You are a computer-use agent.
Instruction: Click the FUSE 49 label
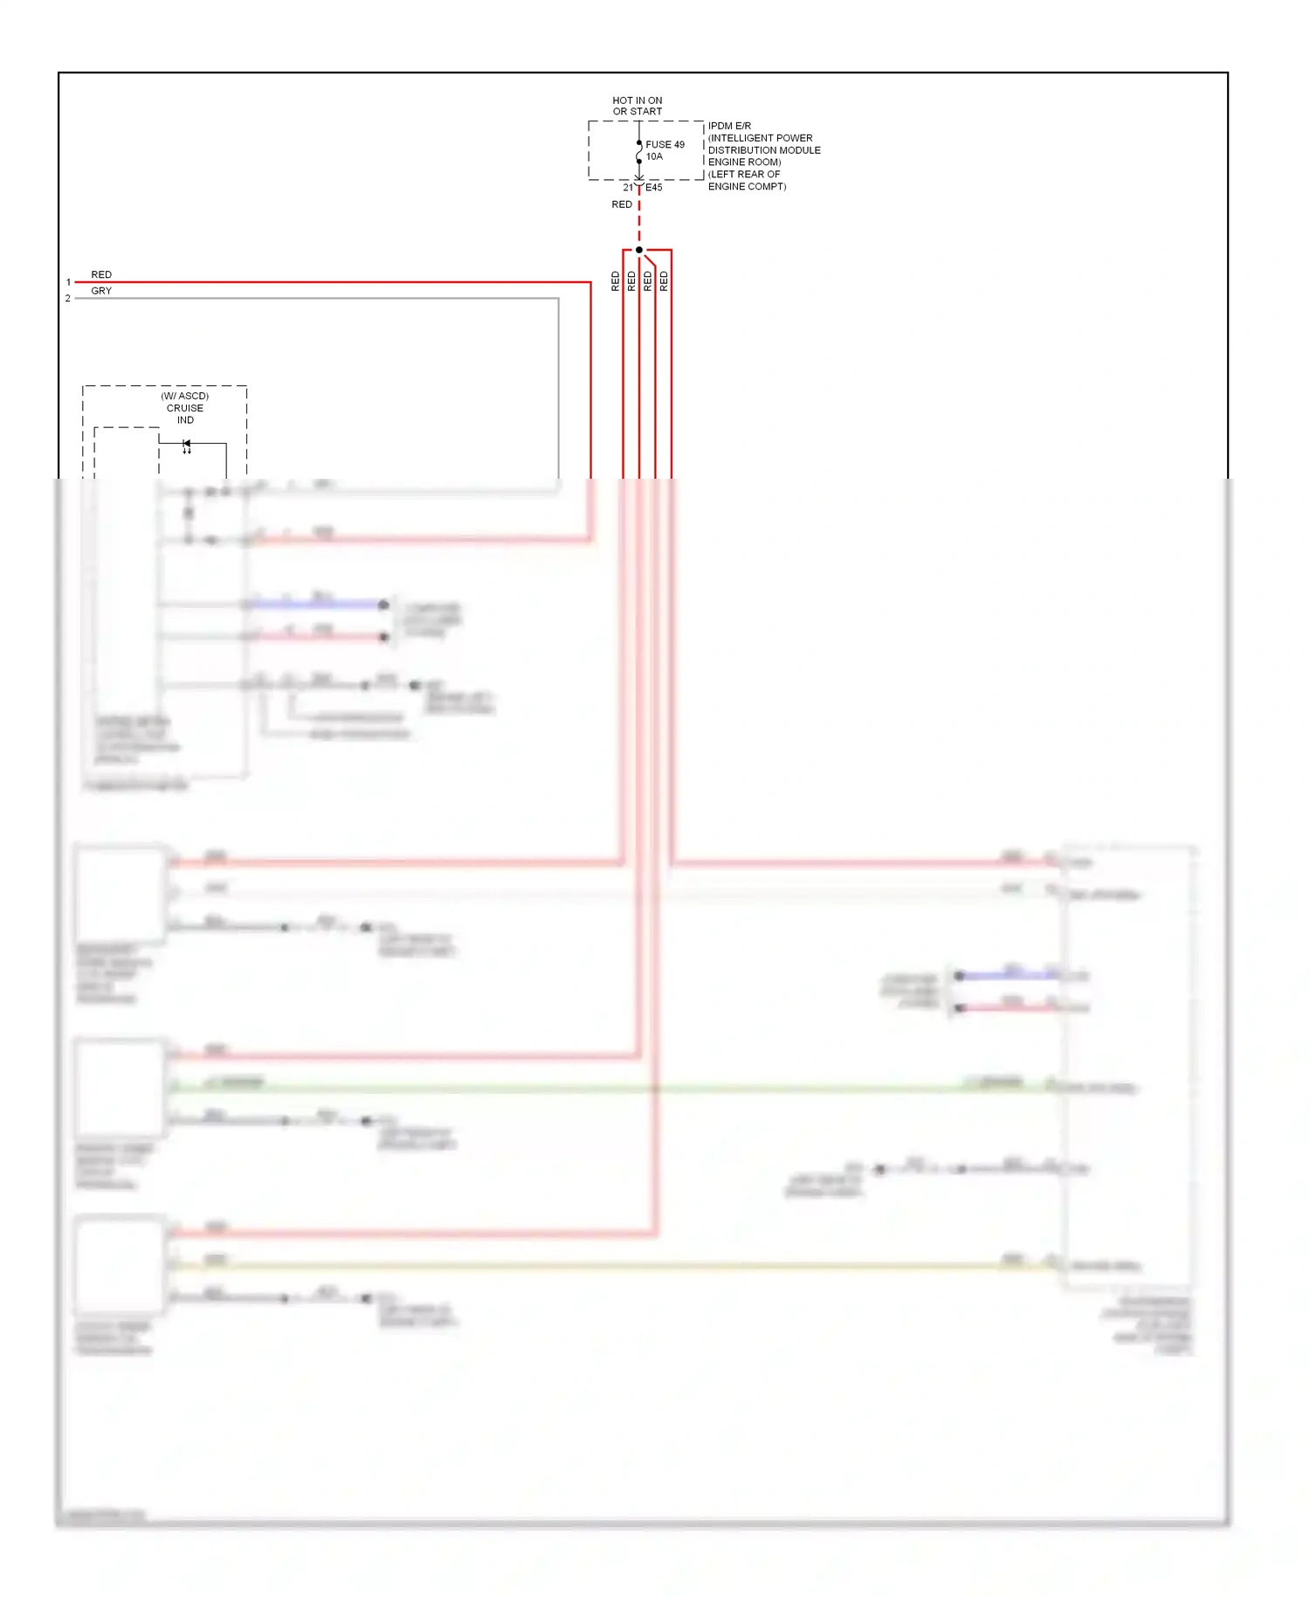pyautogui.click(x=665, y=145)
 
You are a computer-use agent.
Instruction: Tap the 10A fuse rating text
pyautogui.click(x=654, y=157)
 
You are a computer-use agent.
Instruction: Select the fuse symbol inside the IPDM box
pyautogui.click(x=639, y=153)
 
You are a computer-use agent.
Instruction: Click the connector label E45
pyautogui.click(x=654, y=188)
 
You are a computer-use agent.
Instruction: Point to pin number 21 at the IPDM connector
pyautogui.click(x=628, y=188)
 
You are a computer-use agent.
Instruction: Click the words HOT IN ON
pyautogui.click(x=638, y=100)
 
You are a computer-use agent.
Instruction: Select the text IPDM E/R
pyautogui.click(x=729, y=126)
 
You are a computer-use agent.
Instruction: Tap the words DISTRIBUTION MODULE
pyautogui.click(x=764, y=150)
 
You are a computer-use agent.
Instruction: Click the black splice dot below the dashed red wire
pyautogui.click(x=639, y=250)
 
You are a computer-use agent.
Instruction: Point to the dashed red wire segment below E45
pyautogui.click(x=639, y=223)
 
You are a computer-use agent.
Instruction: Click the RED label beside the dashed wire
pyautogui.click(x=622, y=204)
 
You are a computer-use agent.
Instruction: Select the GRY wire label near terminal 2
pyautogui.click(x=101, y=291)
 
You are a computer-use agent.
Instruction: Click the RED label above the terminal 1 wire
pyautogui.click(x=101, y=274)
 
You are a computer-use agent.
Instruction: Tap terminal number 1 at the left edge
pyautogui.click(x=68, y=282)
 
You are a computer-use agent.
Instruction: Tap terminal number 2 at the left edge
pyautogui.click(x=68, y=299)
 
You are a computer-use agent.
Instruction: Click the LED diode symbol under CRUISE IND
pyautogui.click(x=186, y=445)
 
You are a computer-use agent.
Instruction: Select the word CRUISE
pyautogui.click(x=185, y=408)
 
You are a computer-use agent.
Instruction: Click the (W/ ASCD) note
pyautogui.click(x=185, y=396)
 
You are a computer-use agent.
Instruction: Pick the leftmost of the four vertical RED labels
pyautogui.click(x=616, y=280)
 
